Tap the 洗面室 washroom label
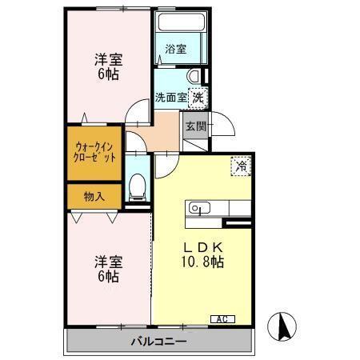pyautogui.click(x=170, y=98)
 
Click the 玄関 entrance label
pyautogui.click(x=195, y=126)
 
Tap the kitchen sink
pyautogui.click(x=198, y=210)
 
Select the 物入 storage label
pyautogui.click(x=94, y=196)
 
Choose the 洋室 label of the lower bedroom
pyautogui.click(x=109, y=261)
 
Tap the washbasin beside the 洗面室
pyautogui.click(x=193, y=76)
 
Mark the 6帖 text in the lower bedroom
pyautogui.click(x=109, y=276)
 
